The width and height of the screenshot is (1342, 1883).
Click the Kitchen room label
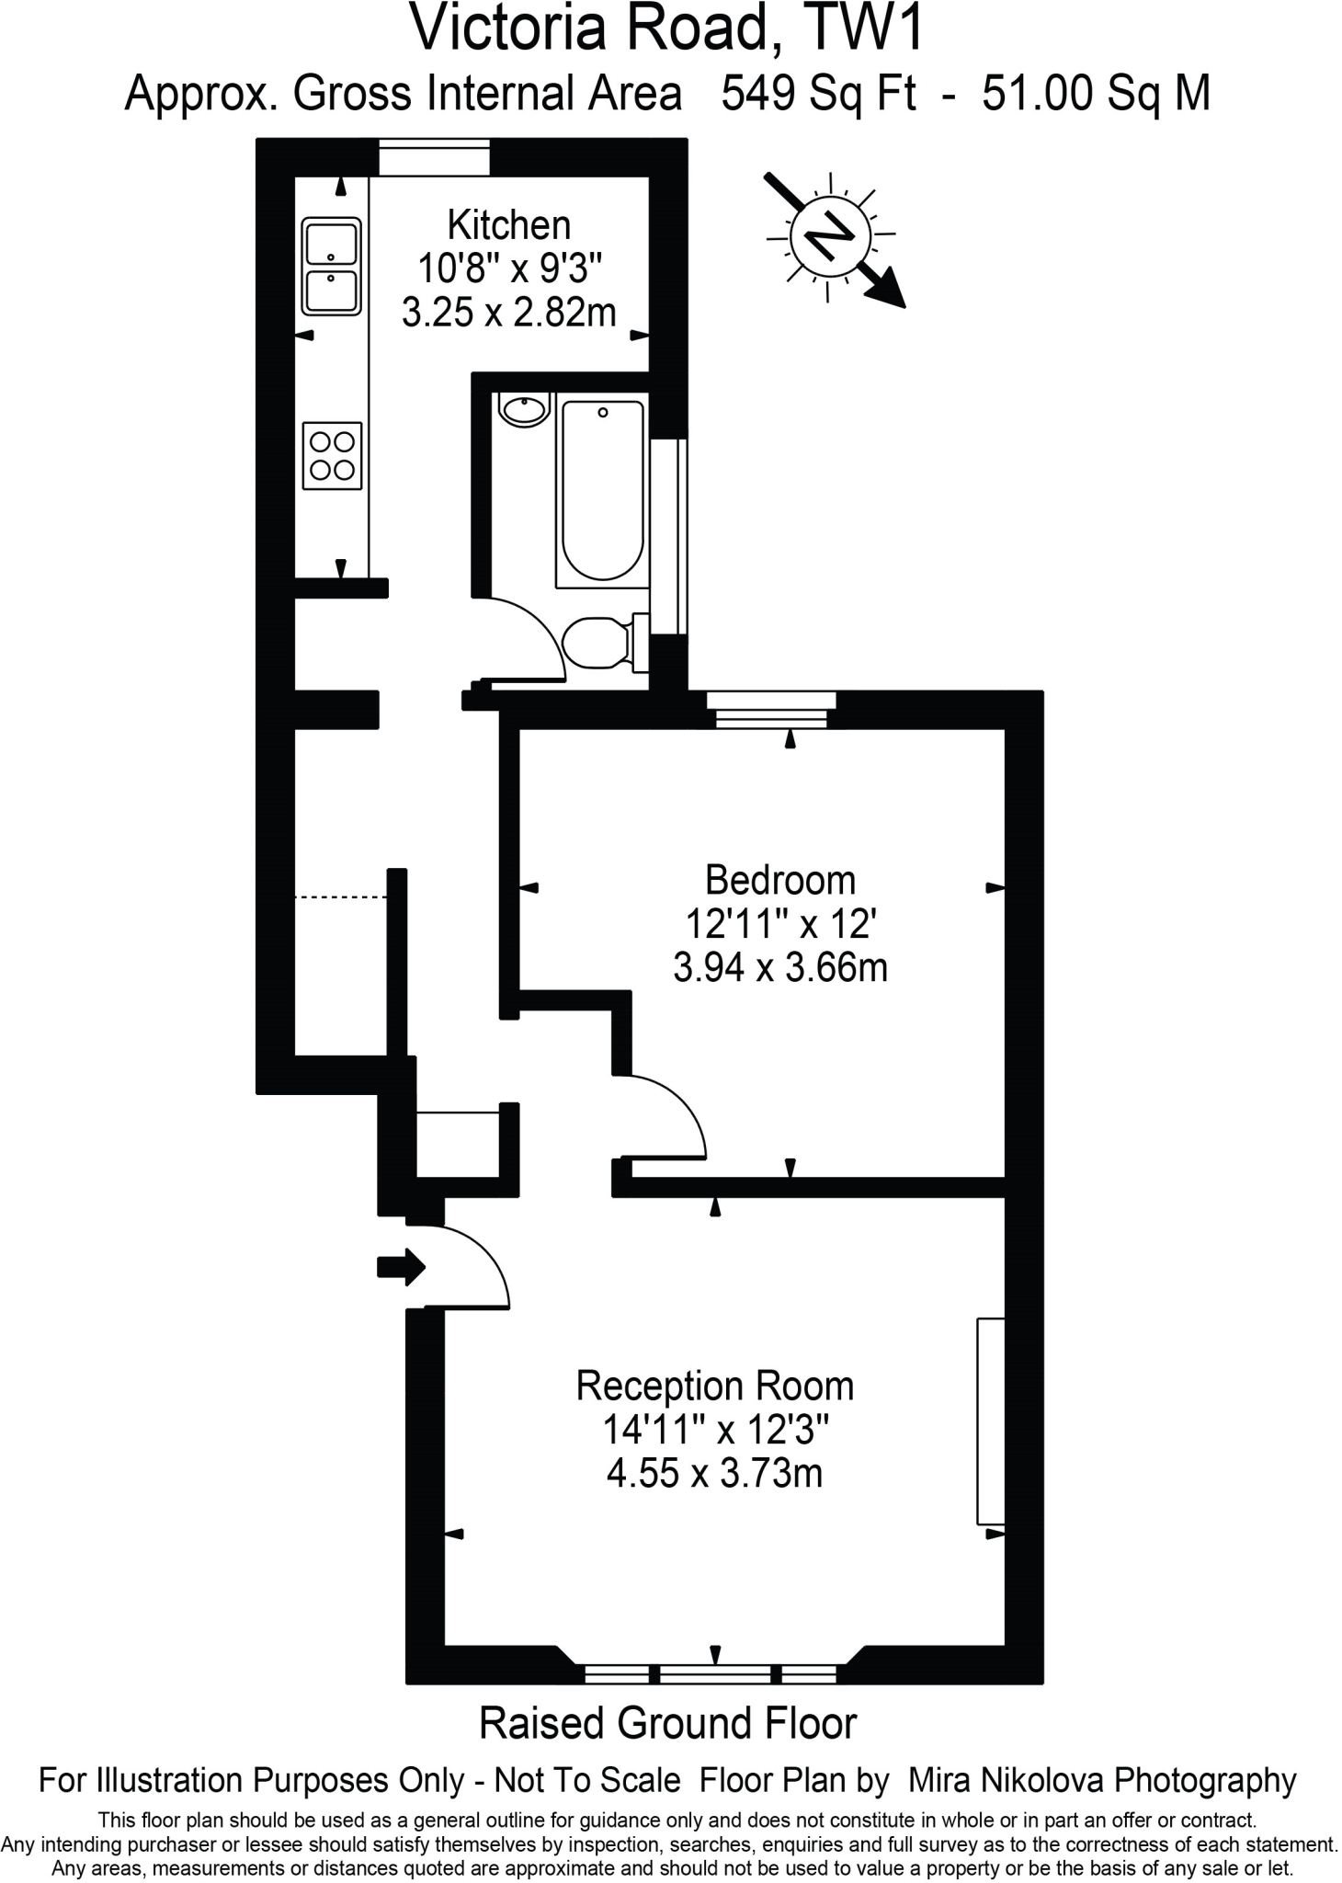click(508, 225)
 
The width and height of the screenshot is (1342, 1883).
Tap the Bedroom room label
click(779, 881)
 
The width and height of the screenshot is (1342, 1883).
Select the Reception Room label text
click(714, 1387)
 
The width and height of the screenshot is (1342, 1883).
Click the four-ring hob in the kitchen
click(332, 456)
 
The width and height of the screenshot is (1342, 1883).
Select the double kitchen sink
click(332, 267)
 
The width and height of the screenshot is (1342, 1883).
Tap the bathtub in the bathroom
click(602, 489)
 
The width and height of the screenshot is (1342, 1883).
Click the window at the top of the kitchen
click(434, 158)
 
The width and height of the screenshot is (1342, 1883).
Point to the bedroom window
click(771, 710)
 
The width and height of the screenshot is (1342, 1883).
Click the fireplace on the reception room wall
click(990, 1421)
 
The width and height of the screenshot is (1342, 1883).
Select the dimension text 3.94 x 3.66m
click(779, 968)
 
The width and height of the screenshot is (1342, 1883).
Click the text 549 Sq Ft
click(818, 94)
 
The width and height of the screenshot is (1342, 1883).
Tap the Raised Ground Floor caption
click(668, 1724)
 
